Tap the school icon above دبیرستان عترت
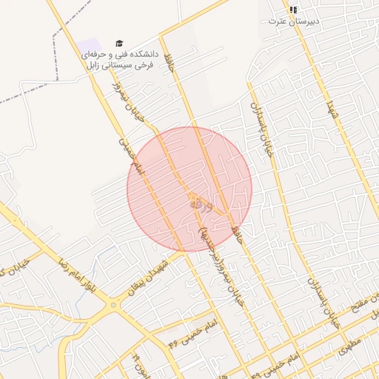293,10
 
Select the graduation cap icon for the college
120,44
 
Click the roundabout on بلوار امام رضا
113,303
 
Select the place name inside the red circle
200,202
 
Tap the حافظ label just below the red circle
238,235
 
